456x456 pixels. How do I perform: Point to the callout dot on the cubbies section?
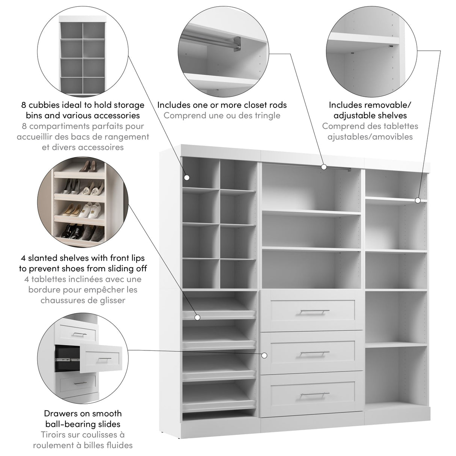point(187,178)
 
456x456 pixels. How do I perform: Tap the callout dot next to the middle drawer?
point(264,355)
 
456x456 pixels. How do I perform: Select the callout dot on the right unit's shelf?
point(418,201)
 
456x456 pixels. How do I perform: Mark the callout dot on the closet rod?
point(323,167)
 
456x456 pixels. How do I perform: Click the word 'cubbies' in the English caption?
point(50,105)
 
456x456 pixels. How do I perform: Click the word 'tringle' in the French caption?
point(266,115)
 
